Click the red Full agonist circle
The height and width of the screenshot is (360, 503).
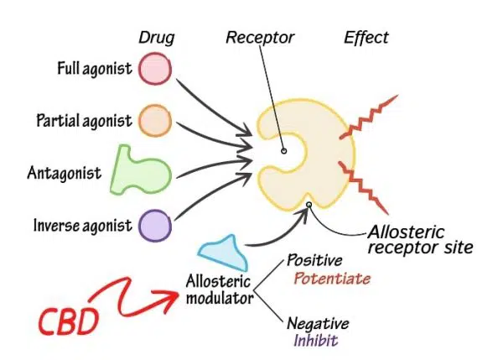(154, 68)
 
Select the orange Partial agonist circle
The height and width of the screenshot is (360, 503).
(154, 120)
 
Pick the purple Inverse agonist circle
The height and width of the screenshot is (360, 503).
(154, 225)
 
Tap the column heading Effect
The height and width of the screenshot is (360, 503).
(366, 37)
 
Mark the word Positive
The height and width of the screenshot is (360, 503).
(314, 261)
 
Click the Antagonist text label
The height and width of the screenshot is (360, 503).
(63, 174)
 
